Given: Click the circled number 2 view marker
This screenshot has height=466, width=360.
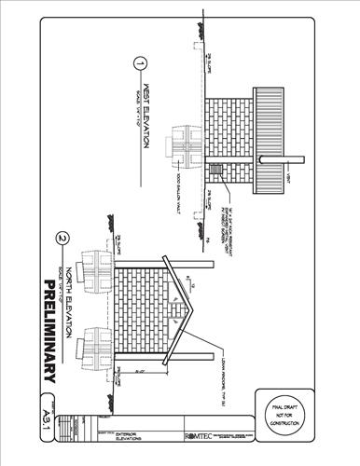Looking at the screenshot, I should point(62,238).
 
